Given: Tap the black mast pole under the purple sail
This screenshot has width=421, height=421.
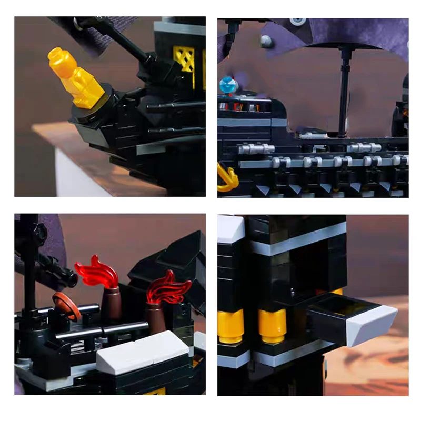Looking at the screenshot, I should pyautogui.click(x=345, y=89).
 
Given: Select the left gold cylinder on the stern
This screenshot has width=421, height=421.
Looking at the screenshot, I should pyautogui.click(x=231, y=326).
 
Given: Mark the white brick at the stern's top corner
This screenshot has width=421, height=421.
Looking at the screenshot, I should pyautogui.click(x=231, y=229).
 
